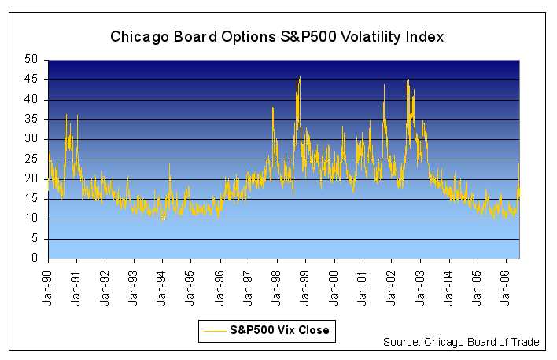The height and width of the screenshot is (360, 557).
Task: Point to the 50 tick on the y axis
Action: click(32, 60)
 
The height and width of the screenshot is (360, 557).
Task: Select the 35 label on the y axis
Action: click(32, 119)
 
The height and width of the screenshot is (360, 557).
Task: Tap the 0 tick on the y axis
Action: click(35, 259)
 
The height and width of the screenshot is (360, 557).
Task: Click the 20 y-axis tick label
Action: click(32, 179)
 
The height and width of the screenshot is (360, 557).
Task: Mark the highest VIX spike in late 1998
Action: click(300, 77)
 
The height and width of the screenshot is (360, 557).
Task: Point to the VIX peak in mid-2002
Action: click(408, 80)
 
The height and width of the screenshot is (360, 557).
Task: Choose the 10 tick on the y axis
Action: click(32, 219)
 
